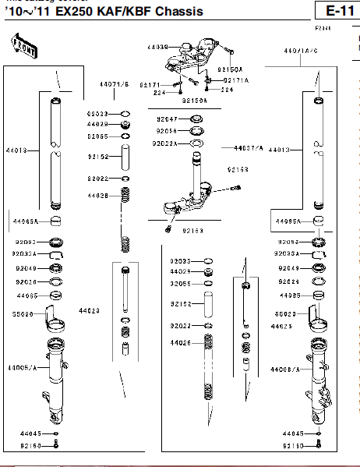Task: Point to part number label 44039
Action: coord(157,47)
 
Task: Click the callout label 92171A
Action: coord(236,80)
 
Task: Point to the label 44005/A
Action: coord(22,367)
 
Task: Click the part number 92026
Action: coord(25,281)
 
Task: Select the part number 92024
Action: coord(288,281)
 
